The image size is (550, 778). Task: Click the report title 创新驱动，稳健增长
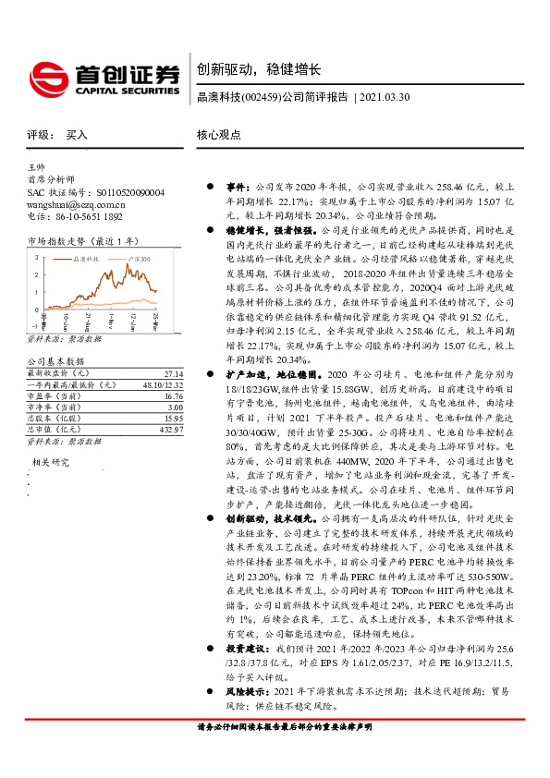click(x=258, y=69)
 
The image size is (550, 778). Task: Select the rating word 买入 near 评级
click(x=77, y=135)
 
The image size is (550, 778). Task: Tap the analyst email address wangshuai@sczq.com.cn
click(x=77, y=204)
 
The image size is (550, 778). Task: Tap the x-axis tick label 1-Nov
click(x=114, y=323)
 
